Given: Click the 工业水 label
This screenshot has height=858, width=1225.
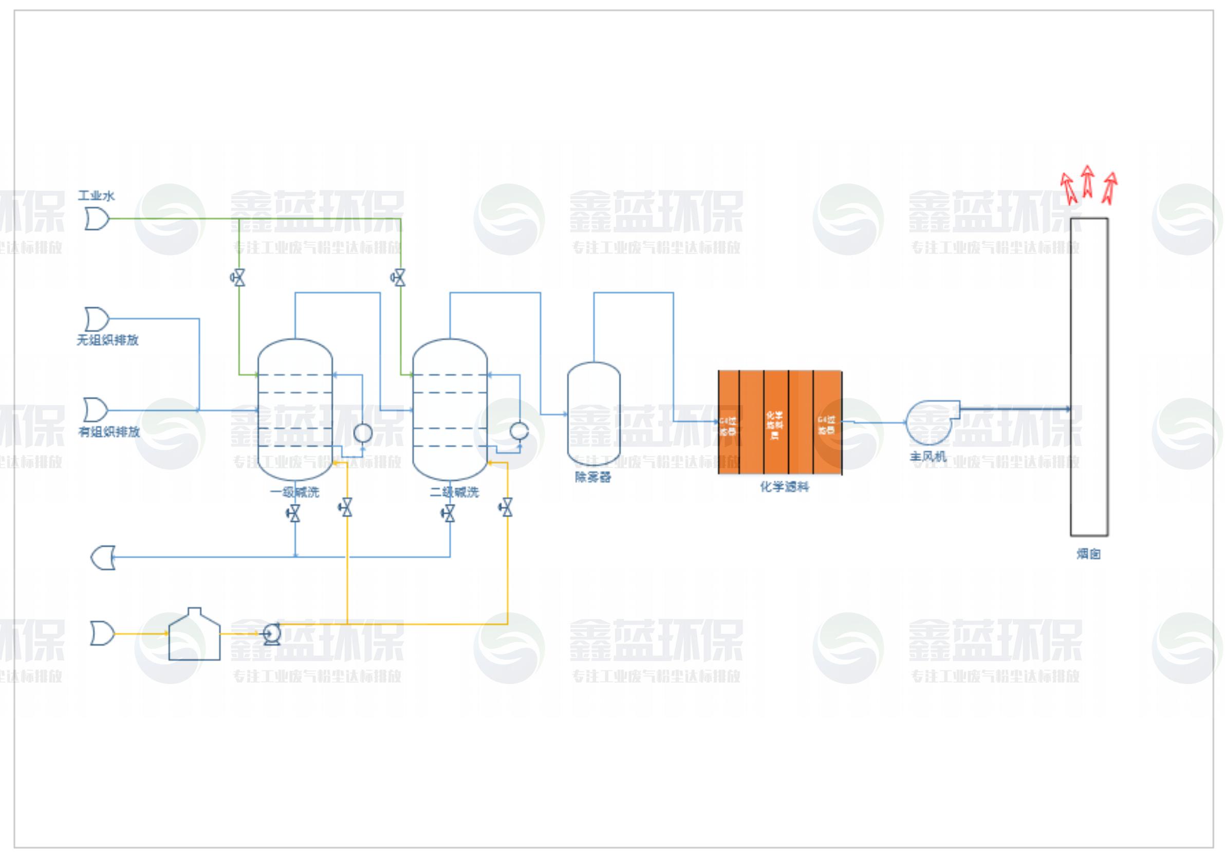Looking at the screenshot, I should [96, 195].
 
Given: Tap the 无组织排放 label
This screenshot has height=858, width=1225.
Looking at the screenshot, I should [108, 340].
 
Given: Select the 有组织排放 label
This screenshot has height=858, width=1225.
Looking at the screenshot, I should [109, 431].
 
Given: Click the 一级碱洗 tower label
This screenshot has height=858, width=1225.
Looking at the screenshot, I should [294, 492].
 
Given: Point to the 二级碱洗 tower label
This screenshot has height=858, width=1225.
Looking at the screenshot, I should [455, 492].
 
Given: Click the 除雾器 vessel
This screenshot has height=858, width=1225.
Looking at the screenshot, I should [593, 414].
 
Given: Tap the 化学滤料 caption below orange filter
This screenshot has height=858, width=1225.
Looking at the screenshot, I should [784, 487].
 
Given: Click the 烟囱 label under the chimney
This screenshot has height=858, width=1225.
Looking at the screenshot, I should [1088, 554].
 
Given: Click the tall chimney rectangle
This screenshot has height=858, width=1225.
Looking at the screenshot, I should [1089, 376].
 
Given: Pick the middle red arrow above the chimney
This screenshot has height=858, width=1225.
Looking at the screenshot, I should [1087, 181].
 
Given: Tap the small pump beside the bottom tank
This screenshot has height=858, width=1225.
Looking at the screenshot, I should [272, 634].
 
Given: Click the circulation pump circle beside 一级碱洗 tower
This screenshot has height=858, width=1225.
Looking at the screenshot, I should [363, 432].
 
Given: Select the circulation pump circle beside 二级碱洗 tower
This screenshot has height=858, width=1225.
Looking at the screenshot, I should [519, 431].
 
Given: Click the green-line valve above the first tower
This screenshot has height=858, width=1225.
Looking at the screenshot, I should [238, 278].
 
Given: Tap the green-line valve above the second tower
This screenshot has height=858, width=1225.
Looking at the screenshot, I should [399, 278].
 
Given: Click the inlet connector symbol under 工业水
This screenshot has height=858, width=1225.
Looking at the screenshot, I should [97, 219].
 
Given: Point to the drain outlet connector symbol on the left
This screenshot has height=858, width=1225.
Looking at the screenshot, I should [103, 557].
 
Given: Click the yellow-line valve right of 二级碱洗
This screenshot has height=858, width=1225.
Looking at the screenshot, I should [506, 507].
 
